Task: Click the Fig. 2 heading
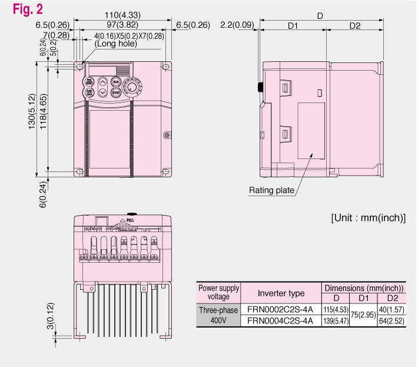[x=21, y=9]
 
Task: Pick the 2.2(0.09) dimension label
[x=237, y=25]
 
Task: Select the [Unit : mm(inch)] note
[x=368, y=217]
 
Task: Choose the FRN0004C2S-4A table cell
[x=281, y=321]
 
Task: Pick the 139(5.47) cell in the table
[x=337, y=321]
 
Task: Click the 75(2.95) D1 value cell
[x=364, y=315]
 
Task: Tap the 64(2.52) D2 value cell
[x=391, y=321]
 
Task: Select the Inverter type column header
[x=281, y=293]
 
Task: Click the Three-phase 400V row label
[x=218, y=315]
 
